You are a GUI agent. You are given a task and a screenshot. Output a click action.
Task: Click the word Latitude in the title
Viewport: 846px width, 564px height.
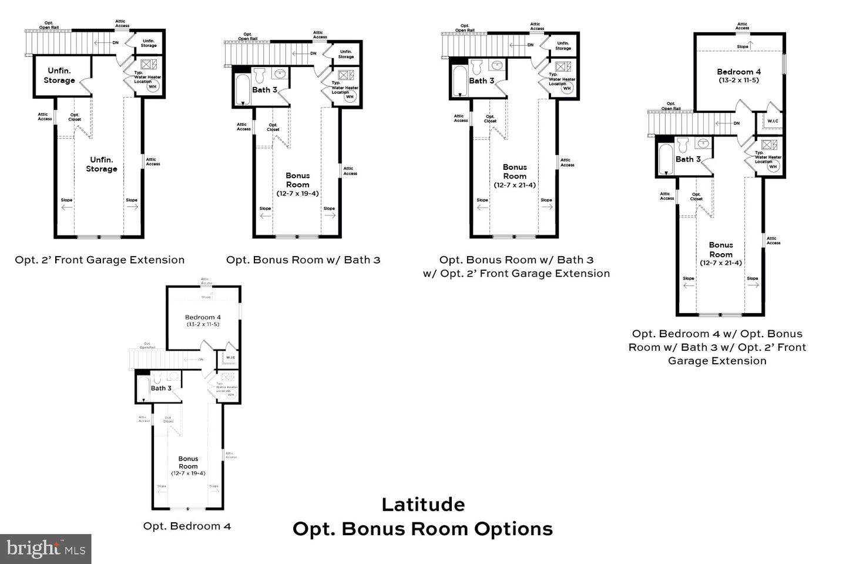tap(423, 504)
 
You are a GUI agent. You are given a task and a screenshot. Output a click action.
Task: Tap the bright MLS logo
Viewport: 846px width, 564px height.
tap(45, 549)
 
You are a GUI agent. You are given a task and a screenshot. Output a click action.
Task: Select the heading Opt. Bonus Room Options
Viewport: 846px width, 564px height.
tap(422, 529)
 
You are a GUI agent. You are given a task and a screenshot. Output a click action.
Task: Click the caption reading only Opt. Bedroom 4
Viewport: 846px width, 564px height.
tap(187, 526)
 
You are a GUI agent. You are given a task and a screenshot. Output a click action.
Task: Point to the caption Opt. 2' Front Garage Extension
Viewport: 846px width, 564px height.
tap(100, 260)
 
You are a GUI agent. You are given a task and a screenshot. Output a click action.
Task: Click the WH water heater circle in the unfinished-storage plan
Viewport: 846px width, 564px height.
tap(153, 86)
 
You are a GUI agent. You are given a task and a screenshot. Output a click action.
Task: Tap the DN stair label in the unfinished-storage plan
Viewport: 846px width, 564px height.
tap(116, 42)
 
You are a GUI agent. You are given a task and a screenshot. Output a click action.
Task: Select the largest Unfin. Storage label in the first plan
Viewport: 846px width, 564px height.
tap(102, 164)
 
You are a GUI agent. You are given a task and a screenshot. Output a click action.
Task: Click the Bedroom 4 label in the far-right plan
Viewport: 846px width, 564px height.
tap(738, 72)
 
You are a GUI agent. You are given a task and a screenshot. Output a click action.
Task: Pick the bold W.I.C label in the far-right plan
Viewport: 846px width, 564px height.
tap(773, 122)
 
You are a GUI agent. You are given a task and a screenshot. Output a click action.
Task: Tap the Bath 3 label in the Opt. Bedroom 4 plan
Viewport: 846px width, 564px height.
tap(161, 388)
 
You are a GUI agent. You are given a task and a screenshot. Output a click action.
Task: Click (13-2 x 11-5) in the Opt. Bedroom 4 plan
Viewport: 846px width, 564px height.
tap(203, 324)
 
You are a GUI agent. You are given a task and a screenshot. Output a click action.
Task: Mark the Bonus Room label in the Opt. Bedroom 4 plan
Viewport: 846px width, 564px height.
tap(188, 462)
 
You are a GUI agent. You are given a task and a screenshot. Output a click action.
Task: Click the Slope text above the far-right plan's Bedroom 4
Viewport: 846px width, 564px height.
tap(743, 46)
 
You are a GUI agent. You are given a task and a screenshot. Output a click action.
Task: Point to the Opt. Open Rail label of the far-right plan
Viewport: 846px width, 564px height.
tap(670, 106)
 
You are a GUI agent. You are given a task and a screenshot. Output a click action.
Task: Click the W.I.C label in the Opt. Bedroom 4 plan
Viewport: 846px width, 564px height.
tap(230, 357)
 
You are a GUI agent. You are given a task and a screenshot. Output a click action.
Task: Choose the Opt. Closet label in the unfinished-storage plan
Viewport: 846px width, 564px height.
tap(75, 117)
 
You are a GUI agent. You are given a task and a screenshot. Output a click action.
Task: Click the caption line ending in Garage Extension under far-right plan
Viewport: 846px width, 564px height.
tap(717, 361)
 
